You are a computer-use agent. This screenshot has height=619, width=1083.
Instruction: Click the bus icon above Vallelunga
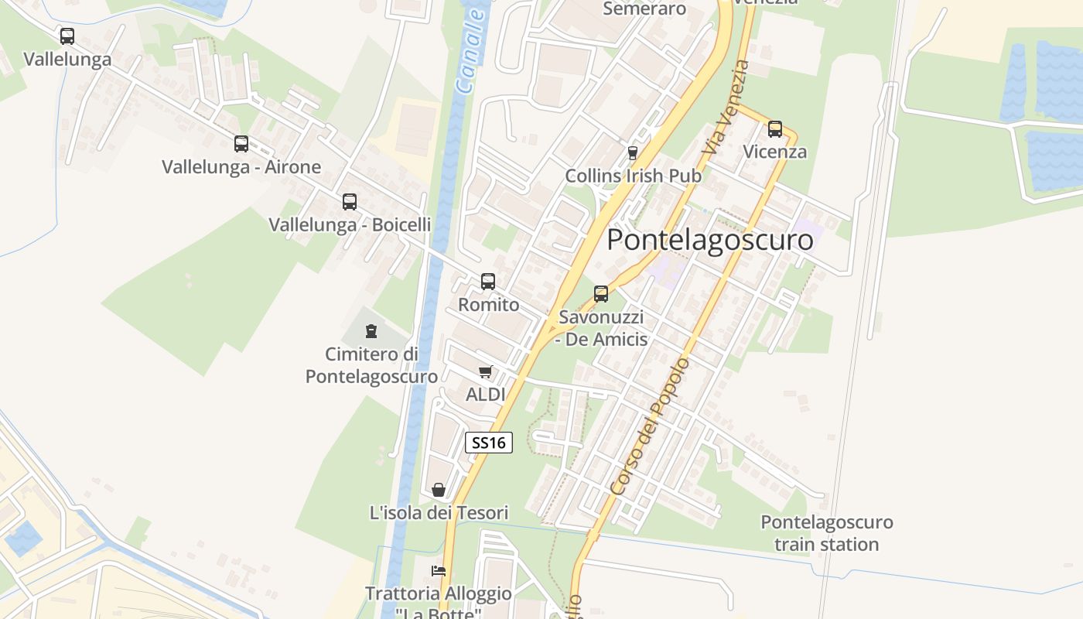(67, 36)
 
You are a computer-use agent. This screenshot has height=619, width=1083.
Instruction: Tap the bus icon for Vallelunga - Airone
(241, 143)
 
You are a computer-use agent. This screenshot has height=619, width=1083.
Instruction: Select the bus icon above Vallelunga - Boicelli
(350, 202)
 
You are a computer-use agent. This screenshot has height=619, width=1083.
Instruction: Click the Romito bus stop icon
(488, 282)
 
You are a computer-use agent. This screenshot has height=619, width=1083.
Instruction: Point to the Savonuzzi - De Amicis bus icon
(601, 294)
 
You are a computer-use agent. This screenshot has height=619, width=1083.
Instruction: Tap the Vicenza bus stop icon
(775, 129)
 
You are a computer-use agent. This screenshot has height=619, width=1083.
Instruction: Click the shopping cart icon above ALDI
(486, 372)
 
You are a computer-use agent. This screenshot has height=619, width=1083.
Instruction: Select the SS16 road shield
(489, 443)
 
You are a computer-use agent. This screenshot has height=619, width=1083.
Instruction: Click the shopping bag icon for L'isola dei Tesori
(439, 490)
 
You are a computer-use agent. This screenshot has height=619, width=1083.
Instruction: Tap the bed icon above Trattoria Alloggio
(439, 571)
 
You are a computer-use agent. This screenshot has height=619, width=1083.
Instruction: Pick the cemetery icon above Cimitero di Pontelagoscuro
(371, 331)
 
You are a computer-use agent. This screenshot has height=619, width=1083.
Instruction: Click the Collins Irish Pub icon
(633, 152)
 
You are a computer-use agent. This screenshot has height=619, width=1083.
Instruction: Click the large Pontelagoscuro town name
(710, 240)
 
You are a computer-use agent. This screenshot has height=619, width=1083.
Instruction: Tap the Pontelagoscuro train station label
(826, 533)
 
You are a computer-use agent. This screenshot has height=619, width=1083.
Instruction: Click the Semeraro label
(644, 9)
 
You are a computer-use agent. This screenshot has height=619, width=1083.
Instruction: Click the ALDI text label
(485, 395)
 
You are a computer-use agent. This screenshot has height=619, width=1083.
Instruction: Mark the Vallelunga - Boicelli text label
(350, 224)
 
